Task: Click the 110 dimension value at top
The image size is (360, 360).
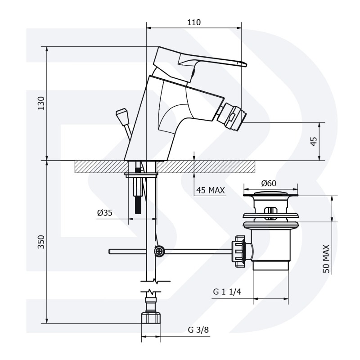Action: click(194, 22)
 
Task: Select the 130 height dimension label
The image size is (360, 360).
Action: click(41, 103)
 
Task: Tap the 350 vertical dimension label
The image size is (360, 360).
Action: click(41, 242)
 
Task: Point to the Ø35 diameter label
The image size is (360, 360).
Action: click(105, 213)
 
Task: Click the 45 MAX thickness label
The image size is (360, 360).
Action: click(211, 190)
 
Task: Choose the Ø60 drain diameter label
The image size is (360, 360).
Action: click(269, 183)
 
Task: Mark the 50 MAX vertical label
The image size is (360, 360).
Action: click(326, 259)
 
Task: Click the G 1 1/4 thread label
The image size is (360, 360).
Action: click(227, 292)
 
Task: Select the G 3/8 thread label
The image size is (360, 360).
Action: click(198, 330)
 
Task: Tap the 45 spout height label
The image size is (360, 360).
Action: click(313, 141)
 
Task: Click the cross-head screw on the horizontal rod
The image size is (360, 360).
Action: click(159, 252)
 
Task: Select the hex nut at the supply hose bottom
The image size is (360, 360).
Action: click(150, 317)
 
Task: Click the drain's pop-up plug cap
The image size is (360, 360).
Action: click(271, 193)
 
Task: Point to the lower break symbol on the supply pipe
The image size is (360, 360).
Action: click(151, 292)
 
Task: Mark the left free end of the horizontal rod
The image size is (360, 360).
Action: click(109, 252)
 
